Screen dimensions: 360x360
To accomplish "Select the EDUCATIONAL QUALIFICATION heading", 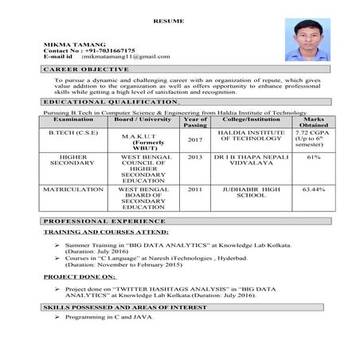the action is point(111,103).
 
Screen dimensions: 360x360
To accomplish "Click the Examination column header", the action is point(72,119).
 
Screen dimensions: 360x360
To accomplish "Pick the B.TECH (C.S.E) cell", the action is point(72,132).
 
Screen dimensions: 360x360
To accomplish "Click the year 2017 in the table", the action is point(194,139).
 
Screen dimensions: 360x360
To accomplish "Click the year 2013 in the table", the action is point(194,158).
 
